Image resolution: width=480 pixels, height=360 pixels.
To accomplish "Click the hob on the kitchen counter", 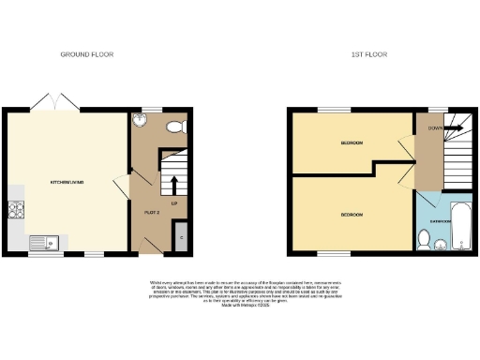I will (x=15, y=213).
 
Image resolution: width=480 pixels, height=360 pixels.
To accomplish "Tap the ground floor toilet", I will (x=174, y=126).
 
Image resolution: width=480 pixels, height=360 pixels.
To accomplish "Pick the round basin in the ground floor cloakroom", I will (x=140, y=120).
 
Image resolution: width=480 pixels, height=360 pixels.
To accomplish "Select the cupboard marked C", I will (x=181, y=237).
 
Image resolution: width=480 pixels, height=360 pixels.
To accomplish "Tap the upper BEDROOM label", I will (x=352, y=142).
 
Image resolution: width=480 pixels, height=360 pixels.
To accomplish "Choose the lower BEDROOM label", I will (x=352, y=217).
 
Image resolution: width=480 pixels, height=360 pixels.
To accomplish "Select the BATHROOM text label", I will (x=441, y=222).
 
